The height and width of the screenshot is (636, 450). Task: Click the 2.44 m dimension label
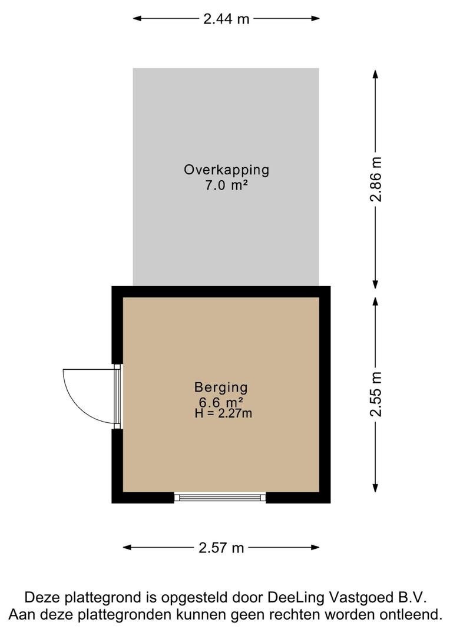(226, 19)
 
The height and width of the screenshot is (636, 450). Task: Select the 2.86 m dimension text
(376, 179)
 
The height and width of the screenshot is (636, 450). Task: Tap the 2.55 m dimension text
(376, 394)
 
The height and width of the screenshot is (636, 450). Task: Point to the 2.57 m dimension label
(221, 548)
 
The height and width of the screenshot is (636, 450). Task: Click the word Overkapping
(226, 170)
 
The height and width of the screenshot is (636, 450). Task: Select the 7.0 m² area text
(226, 185)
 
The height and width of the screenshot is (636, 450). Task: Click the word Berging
(221, 387)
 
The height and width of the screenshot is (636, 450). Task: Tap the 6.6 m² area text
(221, 402)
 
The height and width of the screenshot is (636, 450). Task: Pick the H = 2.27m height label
(223, 413)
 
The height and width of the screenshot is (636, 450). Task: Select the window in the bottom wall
(220, 497)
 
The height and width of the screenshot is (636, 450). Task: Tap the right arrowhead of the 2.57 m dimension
(315, 548)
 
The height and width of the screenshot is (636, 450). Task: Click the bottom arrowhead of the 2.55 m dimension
(375, 488)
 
